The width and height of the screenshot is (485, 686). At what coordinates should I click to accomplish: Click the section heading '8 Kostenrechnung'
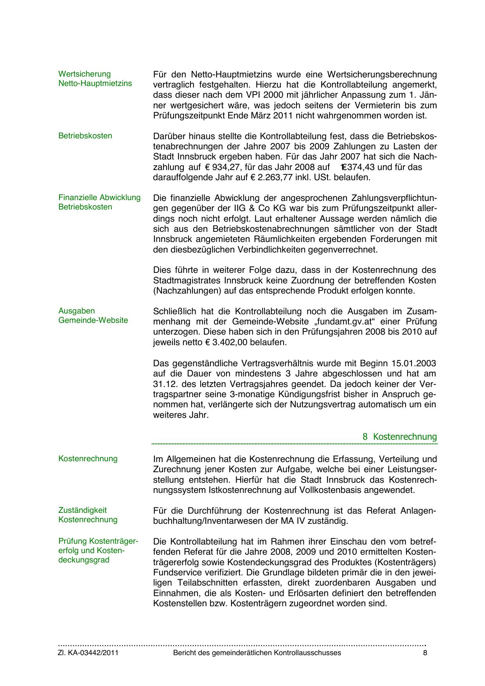point(399,437)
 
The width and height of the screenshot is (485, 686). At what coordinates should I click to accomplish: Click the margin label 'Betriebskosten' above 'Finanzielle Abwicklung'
point(85,136)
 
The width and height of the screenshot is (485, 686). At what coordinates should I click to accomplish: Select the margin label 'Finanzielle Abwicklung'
point(99,197)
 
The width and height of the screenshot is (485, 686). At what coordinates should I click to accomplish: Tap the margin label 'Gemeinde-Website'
point(93,320)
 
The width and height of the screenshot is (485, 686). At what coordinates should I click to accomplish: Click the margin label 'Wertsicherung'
point(84,74)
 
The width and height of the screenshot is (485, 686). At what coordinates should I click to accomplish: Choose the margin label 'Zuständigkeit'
point(83,510)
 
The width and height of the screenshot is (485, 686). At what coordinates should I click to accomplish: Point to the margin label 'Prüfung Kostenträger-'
point(98,541)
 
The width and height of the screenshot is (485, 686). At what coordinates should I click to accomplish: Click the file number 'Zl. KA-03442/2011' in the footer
point(88,653)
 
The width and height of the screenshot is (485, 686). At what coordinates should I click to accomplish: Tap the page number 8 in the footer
point(425,653)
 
